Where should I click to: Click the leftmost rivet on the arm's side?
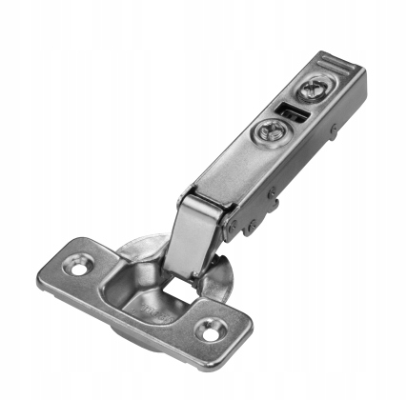(251, 227)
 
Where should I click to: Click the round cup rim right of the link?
(229, 276)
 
